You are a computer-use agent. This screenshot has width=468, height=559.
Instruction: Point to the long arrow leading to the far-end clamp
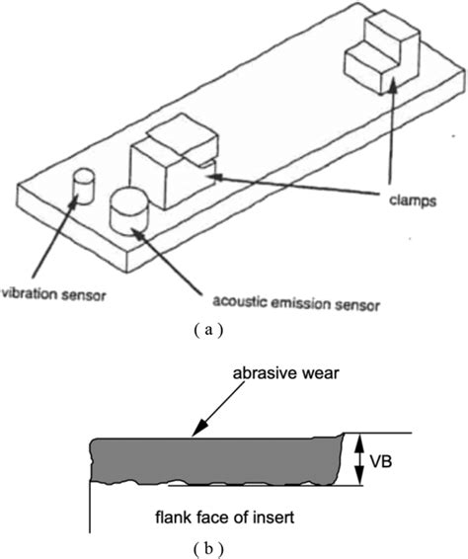tap(405, 138)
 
